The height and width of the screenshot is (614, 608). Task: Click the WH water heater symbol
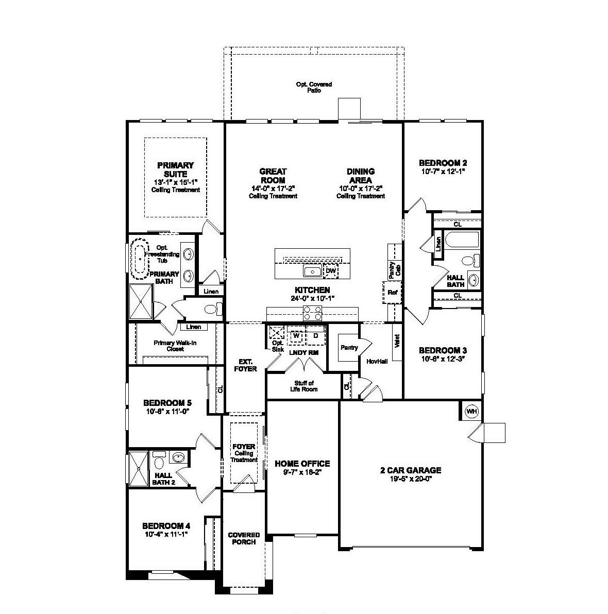[x=471, y=411]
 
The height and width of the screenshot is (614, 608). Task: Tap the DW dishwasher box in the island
[x=331, y=270]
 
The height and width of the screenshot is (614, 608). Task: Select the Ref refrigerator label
[x=393, y=292]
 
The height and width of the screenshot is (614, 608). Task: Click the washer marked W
[x=296, y=336]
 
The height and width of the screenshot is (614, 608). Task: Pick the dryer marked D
[x=315, y=336]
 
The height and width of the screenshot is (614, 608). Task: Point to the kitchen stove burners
[x=312, y=313]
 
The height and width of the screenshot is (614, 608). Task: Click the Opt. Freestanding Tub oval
[x=140, y=261]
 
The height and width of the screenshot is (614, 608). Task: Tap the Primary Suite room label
[x=175, y=169]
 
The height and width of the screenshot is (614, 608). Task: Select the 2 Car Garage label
[x=410, y=470]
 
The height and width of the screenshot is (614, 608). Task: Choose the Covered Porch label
[x=244, y=538]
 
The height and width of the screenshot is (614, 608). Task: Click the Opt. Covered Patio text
[x=314, y=87]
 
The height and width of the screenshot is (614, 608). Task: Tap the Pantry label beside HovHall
[x=349, y=348]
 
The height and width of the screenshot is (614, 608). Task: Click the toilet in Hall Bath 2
[x=159, y=457]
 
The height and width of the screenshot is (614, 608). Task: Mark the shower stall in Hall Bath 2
[x=138, y=468]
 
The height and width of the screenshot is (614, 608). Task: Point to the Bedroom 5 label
[x=167, y=403]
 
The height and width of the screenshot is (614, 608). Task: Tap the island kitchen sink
[x=312, y=271]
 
